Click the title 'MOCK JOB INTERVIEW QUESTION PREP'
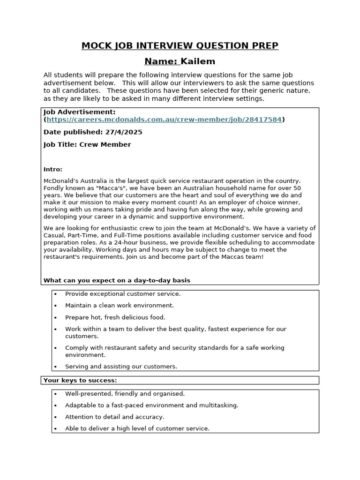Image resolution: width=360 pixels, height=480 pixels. coord(180,45)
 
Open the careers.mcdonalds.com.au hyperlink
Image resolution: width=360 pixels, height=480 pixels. coord(164,120)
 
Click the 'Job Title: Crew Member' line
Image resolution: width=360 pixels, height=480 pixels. coord(87,144)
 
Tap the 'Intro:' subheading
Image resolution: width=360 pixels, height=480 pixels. coord(53,169)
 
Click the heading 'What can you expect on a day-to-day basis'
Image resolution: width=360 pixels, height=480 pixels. coord(117,280)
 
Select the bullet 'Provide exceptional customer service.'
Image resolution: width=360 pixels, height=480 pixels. coord(122,293)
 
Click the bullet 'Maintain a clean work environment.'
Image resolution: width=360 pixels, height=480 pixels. coord(119,305)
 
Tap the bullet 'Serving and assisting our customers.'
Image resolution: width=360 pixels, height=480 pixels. coord(121,367)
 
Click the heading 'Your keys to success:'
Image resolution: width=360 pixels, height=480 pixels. coord(80,380)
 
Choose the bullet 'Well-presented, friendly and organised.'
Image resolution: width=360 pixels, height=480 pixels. coord(125,394)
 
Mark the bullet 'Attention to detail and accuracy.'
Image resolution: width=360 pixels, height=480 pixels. coord(115,417)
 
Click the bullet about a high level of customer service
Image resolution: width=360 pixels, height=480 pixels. coord(137,428)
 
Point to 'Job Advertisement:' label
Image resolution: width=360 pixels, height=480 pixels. coord(79,112)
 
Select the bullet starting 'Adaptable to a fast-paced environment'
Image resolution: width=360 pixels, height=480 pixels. coord(151,405)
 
